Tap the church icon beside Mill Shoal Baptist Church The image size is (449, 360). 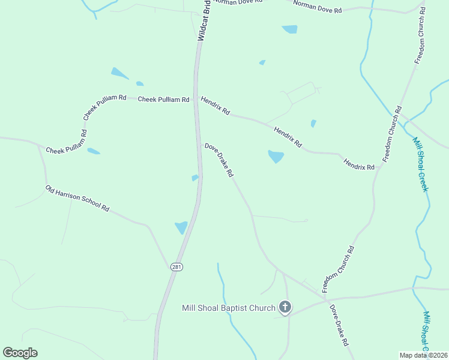(285, 308)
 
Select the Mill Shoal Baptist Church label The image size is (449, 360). (229, 308)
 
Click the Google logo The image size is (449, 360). (20, 353)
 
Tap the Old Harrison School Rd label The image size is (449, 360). (77, 199)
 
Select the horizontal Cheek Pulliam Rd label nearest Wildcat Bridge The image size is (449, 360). (163, 99)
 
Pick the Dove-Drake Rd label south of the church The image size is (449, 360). (339, 325)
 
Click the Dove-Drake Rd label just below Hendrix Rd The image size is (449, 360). (218, 160)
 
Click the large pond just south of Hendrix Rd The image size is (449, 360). (276, 157)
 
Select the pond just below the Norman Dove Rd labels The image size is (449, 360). (290, 29)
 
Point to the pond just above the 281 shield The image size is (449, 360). (181, 227)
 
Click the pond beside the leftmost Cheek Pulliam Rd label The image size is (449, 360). (94, 151)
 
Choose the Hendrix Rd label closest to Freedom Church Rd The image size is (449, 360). (359, 163)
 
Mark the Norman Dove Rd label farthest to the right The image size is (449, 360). (318, 7)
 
